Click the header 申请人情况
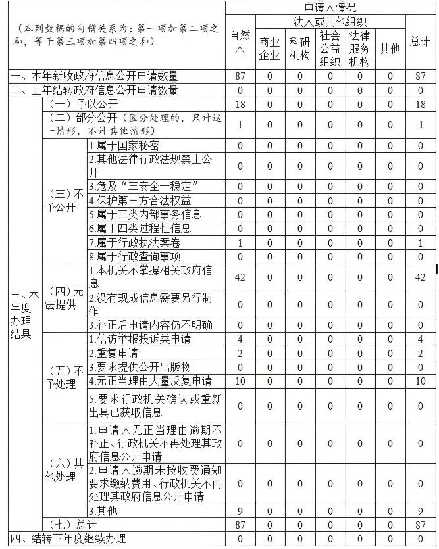coord(332,8)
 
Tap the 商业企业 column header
coord(269,48)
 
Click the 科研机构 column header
coord(299,48)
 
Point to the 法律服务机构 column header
coord(359,48)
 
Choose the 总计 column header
coord(420,41)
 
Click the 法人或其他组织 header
coord(330,22)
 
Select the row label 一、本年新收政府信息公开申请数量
coord(94,76)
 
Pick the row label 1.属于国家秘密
coord(124,145)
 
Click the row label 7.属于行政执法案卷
coord(134,243)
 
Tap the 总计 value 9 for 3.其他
coord(420,510)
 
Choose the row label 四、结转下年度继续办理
coord(68,539)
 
